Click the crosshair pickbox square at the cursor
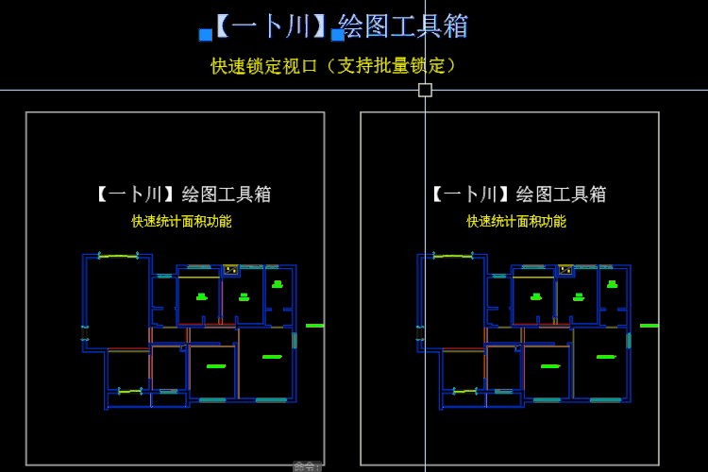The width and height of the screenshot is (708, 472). point(425,90)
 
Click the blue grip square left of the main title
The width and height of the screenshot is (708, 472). point(206,35)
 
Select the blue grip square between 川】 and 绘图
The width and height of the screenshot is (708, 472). point(337,35)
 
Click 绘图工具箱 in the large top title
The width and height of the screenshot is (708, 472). point(403,26)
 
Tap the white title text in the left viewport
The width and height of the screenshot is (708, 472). point(181,194)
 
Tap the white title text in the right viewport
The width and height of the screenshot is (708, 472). point(516,194)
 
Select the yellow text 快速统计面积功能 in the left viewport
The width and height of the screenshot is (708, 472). point(181,222)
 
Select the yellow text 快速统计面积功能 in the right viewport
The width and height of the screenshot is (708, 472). point(516,222)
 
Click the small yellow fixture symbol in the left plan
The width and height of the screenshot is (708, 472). point(230,270)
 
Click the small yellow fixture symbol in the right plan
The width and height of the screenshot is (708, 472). point(565,270)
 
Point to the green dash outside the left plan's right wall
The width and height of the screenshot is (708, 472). point(314,326)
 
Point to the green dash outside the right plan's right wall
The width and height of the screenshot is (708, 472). point(649,326)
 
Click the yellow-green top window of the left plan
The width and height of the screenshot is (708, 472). point(118,256)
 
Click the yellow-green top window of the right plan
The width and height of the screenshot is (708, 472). point(453,256)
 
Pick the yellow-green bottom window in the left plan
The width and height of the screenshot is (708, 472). point(130,391)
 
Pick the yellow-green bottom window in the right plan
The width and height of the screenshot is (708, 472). point(465,391)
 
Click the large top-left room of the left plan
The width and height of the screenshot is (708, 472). point(117,302)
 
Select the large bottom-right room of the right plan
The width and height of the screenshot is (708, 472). point(599,363)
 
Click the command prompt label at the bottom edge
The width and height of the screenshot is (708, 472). point(306,466)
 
